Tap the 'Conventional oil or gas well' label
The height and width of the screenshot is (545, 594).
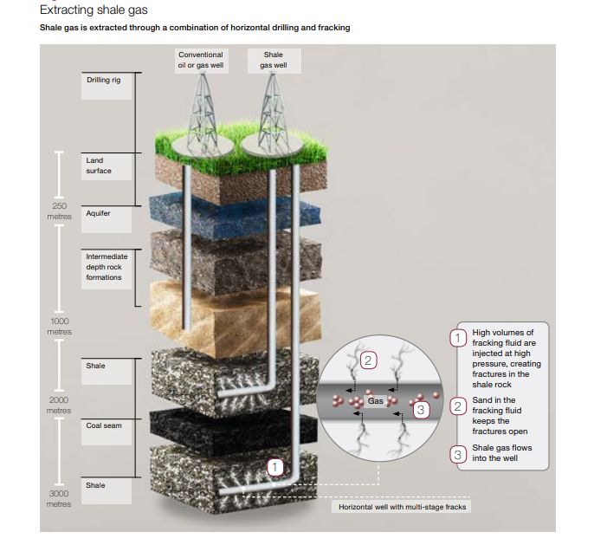pyautogui.click(x=200, y=59)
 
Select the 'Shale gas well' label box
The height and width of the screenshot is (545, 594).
pyautogui.click(x=272, y=59)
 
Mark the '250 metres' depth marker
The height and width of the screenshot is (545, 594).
pyautogui.click(x=59, y=211)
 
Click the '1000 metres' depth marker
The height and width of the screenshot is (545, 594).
pyautogui.click(x=59, y=327)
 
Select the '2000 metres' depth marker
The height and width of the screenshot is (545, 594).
pyautogui.click(x=59, y=405)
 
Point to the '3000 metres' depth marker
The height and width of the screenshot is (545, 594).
pyautogui.click(x=59, y=498)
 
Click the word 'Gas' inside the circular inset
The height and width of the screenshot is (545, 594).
pyautogui.click(x=375, y=401)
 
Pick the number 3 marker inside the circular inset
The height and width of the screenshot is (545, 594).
pyautogui.click(x=421, y=409)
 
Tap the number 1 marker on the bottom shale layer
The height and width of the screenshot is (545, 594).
pyautogui.click(x=275, y=468)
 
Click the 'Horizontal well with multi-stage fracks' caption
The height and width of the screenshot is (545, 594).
pyautogui.click(x=401, y=506)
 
